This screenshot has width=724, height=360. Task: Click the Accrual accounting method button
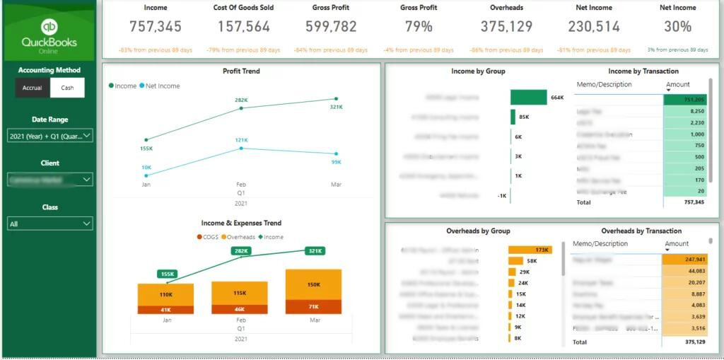pyautogui.click(x=33, y=88)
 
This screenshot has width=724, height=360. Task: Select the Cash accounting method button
pyautogui.click(x=67, y=88)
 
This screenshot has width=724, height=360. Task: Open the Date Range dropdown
pyautogui.click(x=50, y=136)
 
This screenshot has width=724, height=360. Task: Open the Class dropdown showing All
pyautogui.click(x=50, y=223)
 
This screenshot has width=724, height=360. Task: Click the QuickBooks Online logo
pyautogui.click(x=49, y=33)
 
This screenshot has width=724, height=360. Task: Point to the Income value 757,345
pyautogui.click(x=156, y=27)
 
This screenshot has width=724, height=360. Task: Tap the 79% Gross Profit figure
pyautogui.click(x=419, y=27)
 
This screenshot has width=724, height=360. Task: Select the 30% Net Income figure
pyautogui.click(x=677, y=27)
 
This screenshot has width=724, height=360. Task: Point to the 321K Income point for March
pyautogui.click(x=337, y=99)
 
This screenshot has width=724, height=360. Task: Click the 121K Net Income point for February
pyautogui.click(x=241, y=148)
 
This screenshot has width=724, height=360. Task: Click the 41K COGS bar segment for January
pyautogui.click(x=166, y=310)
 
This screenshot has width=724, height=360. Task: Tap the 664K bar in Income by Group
pyautogui.click(x=529, y=97)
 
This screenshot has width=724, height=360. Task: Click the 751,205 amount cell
pyautogui.click(x=684, y=100)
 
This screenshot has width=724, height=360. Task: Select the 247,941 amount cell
pyautogui.click(x=684, y=260)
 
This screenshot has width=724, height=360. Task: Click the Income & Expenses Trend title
pyautogui.click(x=241, y=223)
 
